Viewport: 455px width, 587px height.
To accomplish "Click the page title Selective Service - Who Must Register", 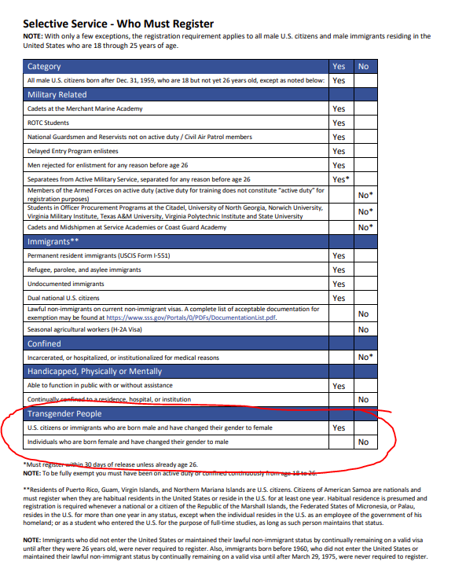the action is point(118,24).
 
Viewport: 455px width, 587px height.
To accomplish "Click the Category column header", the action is point(44,67).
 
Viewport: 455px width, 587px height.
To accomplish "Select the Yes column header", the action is point(339,67).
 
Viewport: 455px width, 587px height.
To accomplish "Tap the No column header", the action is point(363,67).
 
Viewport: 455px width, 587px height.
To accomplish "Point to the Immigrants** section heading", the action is point(53,242).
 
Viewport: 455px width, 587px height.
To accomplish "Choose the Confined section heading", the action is point(45,343).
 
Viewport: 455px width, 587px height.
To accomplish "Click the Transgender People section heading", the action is point(66,413).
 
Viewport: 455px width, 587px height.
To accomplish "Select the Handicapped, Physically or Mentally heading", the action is point(95,371).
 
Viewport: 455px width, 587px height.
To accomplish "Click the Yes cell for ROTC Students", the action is point(339,123).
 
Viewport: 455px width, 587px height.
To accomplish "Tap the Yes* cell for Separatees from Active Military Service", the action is point(339,179).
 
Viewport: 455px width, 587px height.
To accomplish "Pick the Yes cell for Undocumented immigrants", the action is point(339,284).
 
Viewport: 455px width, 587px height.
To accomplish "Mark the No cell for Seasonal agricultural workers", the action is point(363,329).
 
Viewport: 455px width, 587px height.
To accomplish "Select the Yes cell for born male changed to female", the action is point(339,428).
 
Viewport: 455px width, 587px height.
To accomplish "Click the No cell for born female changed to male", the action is point(363,442).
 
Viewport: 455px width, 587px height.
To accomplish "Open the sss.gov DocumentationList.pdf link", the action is point(191,317).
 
